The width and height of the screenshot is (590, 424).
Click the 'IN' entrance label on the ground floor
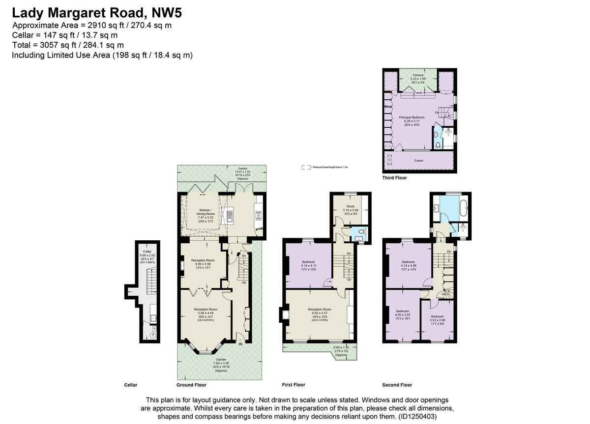[x=240, y=344]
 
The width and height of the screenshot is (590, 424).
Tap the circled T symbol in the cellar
[x=153, y=335]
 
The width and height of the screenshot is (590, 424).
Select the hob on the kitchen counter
[x=259, y=214]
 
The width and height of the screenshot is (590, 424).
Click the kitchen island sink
[x=229, y=214]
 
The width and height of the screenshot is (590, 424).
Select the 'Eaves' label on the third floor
[x=418, y=160]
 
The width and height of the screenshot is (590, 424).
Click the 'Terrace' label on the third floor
[x=418, y=75]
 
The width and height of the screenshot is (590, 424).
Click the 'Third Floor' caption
[x=394, y=178]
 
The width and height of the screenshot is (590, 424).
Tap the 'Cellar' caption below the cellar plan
[x=130, y=385]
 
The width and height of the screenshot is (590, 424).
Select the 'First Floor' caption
[x=294, y=385]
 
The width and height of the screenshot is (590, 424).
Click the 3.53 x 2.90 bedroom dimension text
[x=438, y=320]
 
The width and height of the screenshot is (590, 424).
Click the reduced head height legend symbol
[x=306, y=167]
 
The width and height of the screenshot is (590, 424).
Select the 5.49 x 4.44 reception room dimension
[x=205, y=313]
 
